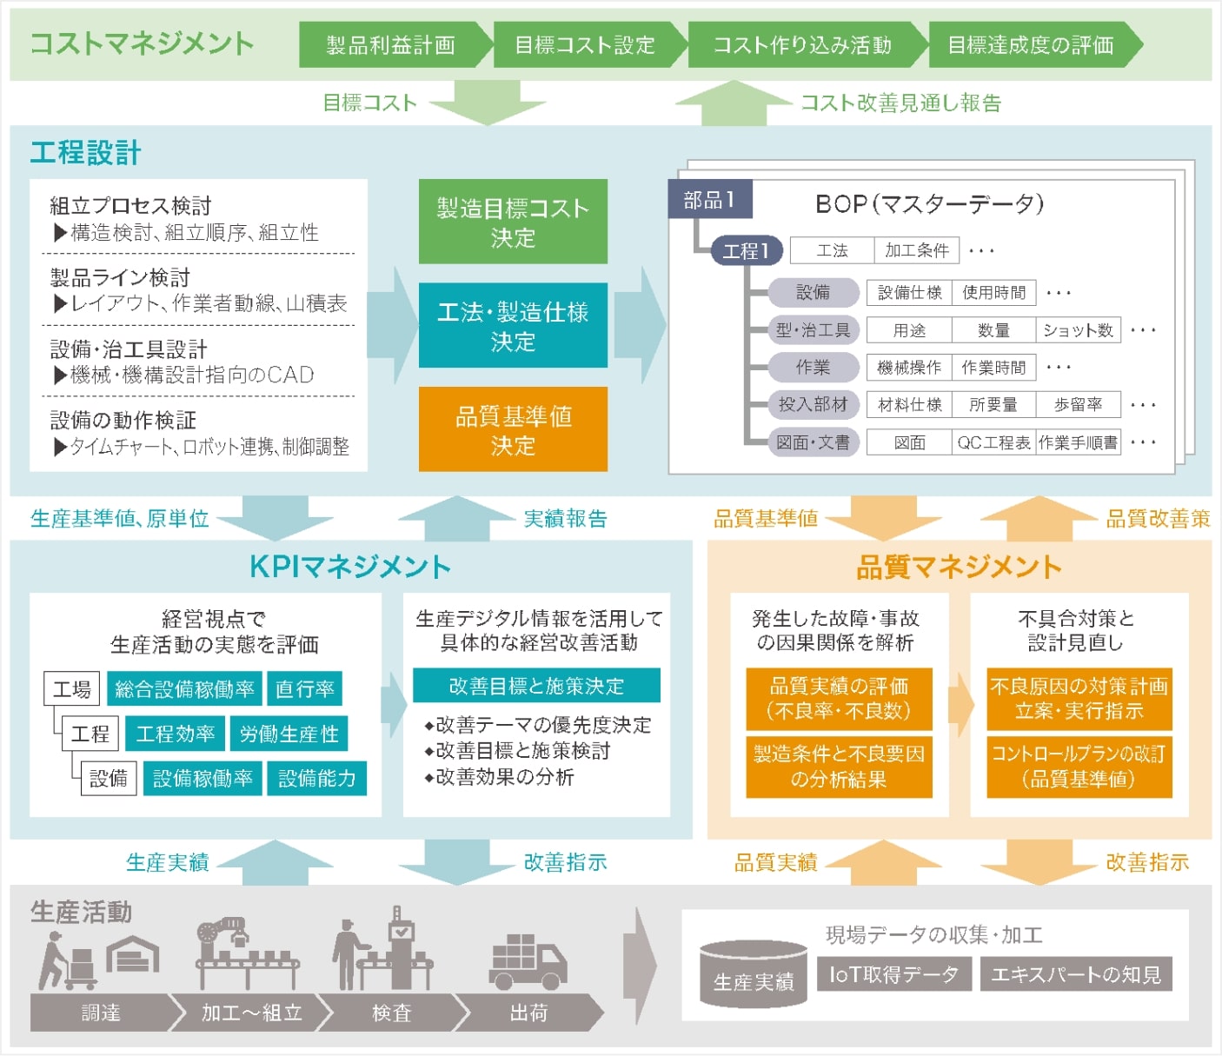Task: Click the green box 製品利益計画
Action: pos(390,45)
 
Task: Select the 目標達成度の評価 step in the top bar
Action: pos(1030,45)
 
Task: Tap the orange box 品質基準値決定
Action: pos(513,430)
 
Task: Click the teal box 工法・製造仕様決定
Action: pos(513,326)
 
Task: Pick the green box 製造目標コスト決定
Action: pos(513,222)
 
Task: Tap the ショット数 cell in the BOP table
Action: pos(1078,330)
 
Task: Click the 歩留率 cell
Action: pos(1078,405)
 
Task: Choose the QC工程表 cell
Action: pos(993,442)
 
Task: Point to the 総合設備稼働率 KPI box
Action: pos(184,689)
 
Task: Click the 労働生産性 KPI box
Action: pos(289,734)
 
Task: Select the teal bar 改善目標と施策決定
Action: pos(536,686)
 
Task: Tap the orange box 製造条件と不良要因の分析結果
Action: pos(839,767)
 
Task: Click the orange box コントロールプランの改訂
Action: pos(1079,767)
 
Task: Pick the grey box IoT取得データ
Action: pos(893,974)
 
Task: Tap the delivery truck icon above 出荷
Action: pos(528,962)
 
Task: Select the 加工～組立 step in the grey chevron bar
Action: pos(251,1013)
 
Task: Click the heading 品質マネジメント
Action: pos(959,568)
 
